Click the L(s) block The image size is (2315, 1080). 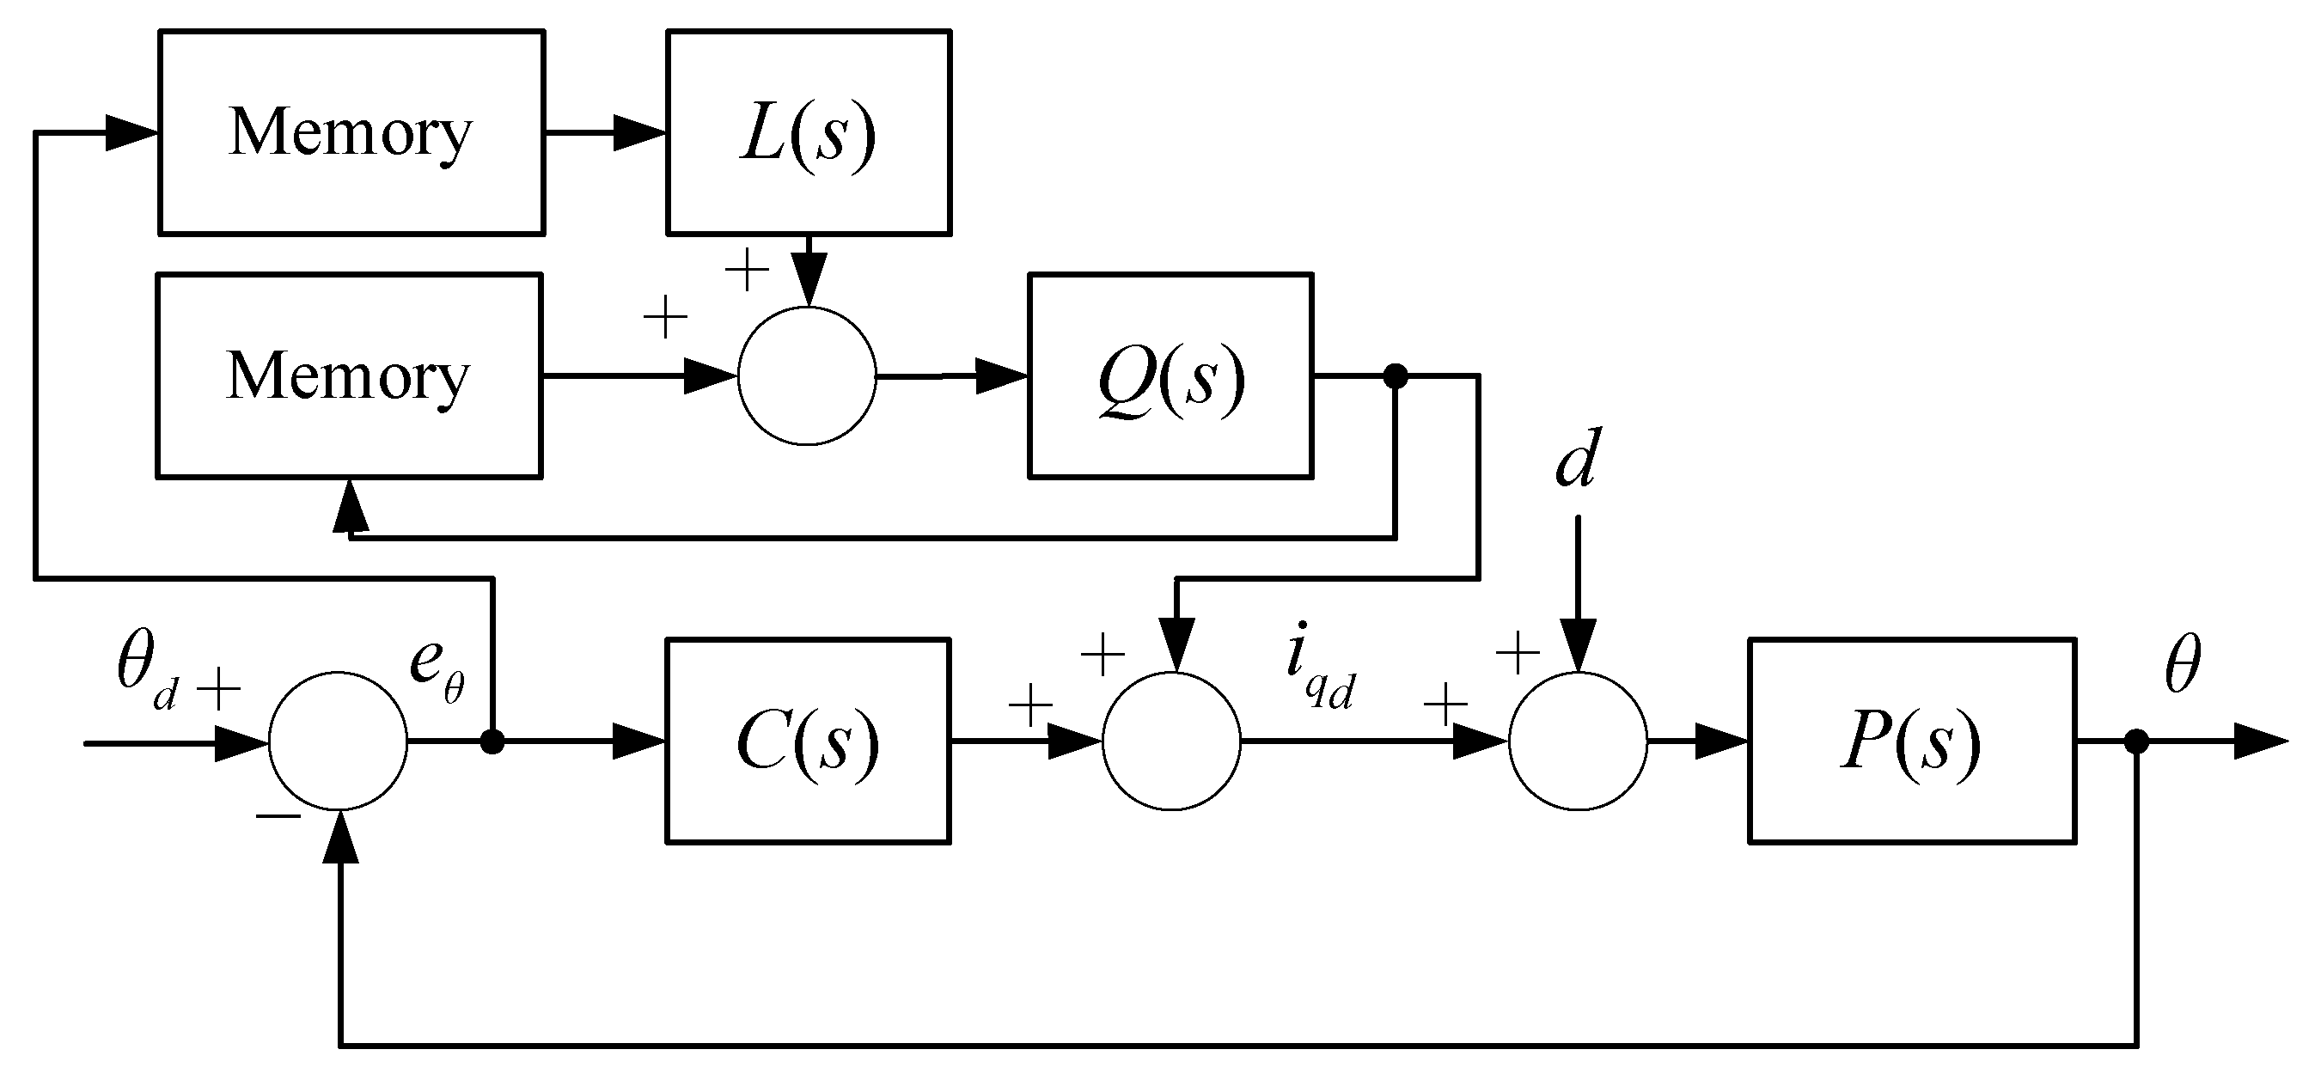click(x=808, y=133)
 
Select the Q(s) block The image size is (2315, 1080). click(x=1170, y=376)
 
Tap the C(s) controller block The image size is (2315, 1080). click(x=808, y=741)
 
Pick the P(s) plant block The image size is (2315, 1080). click(x=1911, y=741)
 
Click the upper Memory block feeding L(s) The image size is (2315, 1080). click(x=351, y=133)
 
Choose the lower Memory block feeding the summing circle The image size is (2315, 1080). click(x=349, y=376)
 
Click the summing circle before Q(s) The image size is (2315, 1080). click(x=806, y=376)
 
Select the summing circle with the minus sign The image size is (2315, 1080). click(x=338, y=741)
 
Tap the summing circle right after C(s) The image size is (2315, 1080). click(x=1171, y=741)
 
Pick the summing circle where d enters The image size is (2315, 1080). click(x=1577, y=741)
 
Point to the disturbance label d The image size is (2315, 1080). click(x=1577, y=459)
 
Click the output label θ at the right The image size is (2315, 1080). click(x=2182, y=666)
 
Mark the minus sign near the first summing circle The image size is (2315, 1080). click(x=278, y=815)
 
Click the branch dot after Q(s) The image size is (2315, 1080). click(x=1395, y=376)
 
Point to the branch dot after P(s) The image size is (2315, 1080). click(x=2136, y=741)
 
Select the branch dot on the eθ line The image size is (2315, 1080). click(x=492, y=741)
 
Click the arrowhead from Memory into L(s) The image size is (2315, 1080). click(x=640, y=133)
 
